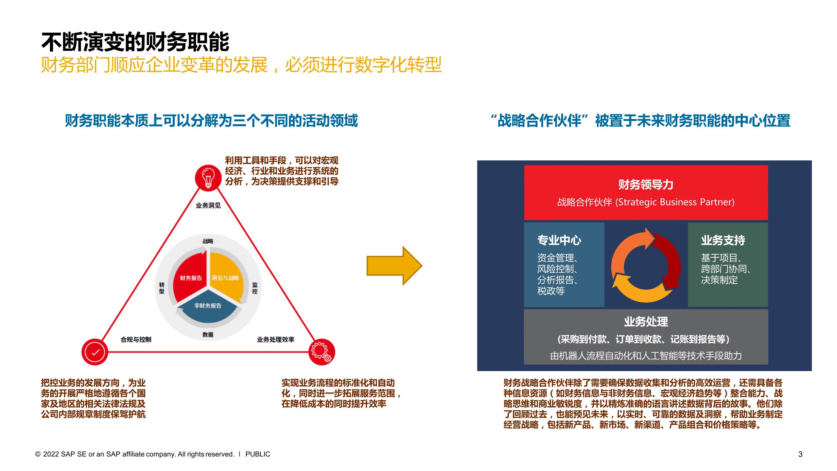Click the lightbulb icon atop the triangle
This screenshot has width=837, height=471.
[208, 177]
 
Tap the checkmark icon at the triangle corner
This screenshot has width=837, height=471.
[95, 352]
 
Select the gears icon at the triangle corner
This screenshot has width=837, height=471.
[321, 352]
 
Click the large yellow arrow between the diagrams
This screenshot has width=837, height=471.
[394, 266]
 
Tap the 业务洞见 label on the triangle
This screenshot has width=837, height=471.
[208, 205]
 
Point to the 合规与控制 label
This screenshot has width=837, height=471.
[136, 339]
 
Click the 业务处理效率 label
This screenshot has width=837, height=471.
[275, 339]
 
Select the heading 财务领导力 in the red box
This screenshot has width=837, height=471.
[646, 185]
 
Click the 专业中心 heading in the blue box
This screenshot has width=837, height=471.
[559, 240]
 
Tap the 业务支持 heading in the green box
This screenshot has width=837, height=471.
[723, 240]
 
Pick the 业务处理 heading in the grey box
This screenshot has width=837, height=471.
[646, 321]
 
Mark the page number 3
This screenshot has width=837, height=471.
[800, 454]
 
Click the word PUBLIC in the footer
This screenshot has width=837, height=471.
[258, 454]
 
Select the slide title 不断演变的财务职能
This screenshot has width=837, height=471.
[135, 42]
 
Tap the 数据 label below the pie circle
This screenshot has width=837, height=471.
[208, 335]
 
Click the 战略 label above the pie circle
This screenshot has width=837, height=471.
[208, 241]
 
